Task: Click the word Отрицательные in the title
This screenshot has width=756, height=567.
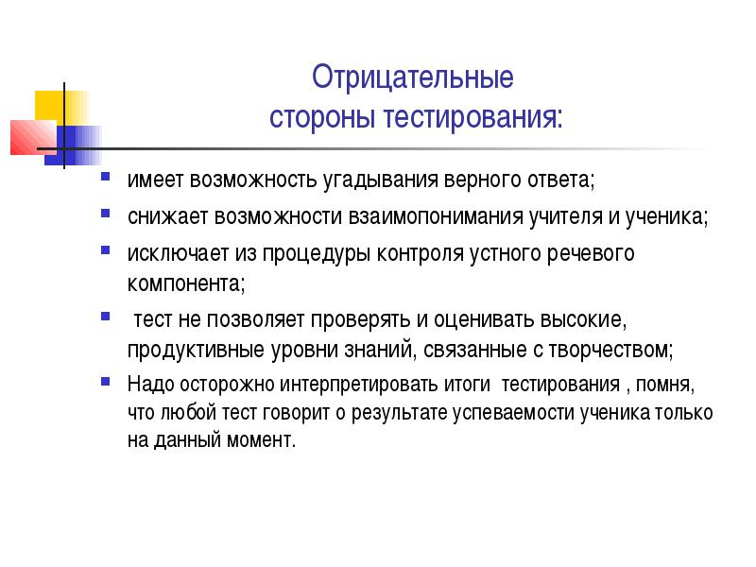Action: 413,77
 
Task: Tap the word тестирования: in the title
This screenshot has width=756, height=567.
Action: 473,117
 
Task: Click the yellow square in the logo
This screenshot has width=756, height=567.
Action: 61,109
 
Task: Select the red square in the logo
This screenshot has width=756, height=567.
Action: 34,137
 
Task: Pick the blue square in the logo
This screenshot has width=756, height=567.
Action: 73,146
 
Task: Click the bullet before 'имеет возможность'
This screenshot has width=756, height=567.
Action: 105,176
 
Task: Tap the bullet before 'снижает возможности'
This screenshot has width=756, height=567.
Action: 105,213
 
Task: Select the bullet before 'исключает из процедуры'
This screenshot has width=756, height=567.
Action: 105,249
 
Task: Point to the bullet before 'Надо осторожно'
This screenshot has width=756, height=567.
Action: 105,382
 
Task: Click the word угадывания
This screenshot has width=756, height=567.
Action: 381,180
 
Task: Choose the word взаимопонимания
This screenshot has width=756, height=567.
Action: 436,216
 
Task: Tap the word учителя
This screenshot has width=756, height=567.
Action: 565,217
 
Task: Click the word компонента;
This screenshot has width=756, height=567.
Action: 186,283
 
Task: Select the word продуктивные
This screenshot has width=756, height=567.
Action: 197,350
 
